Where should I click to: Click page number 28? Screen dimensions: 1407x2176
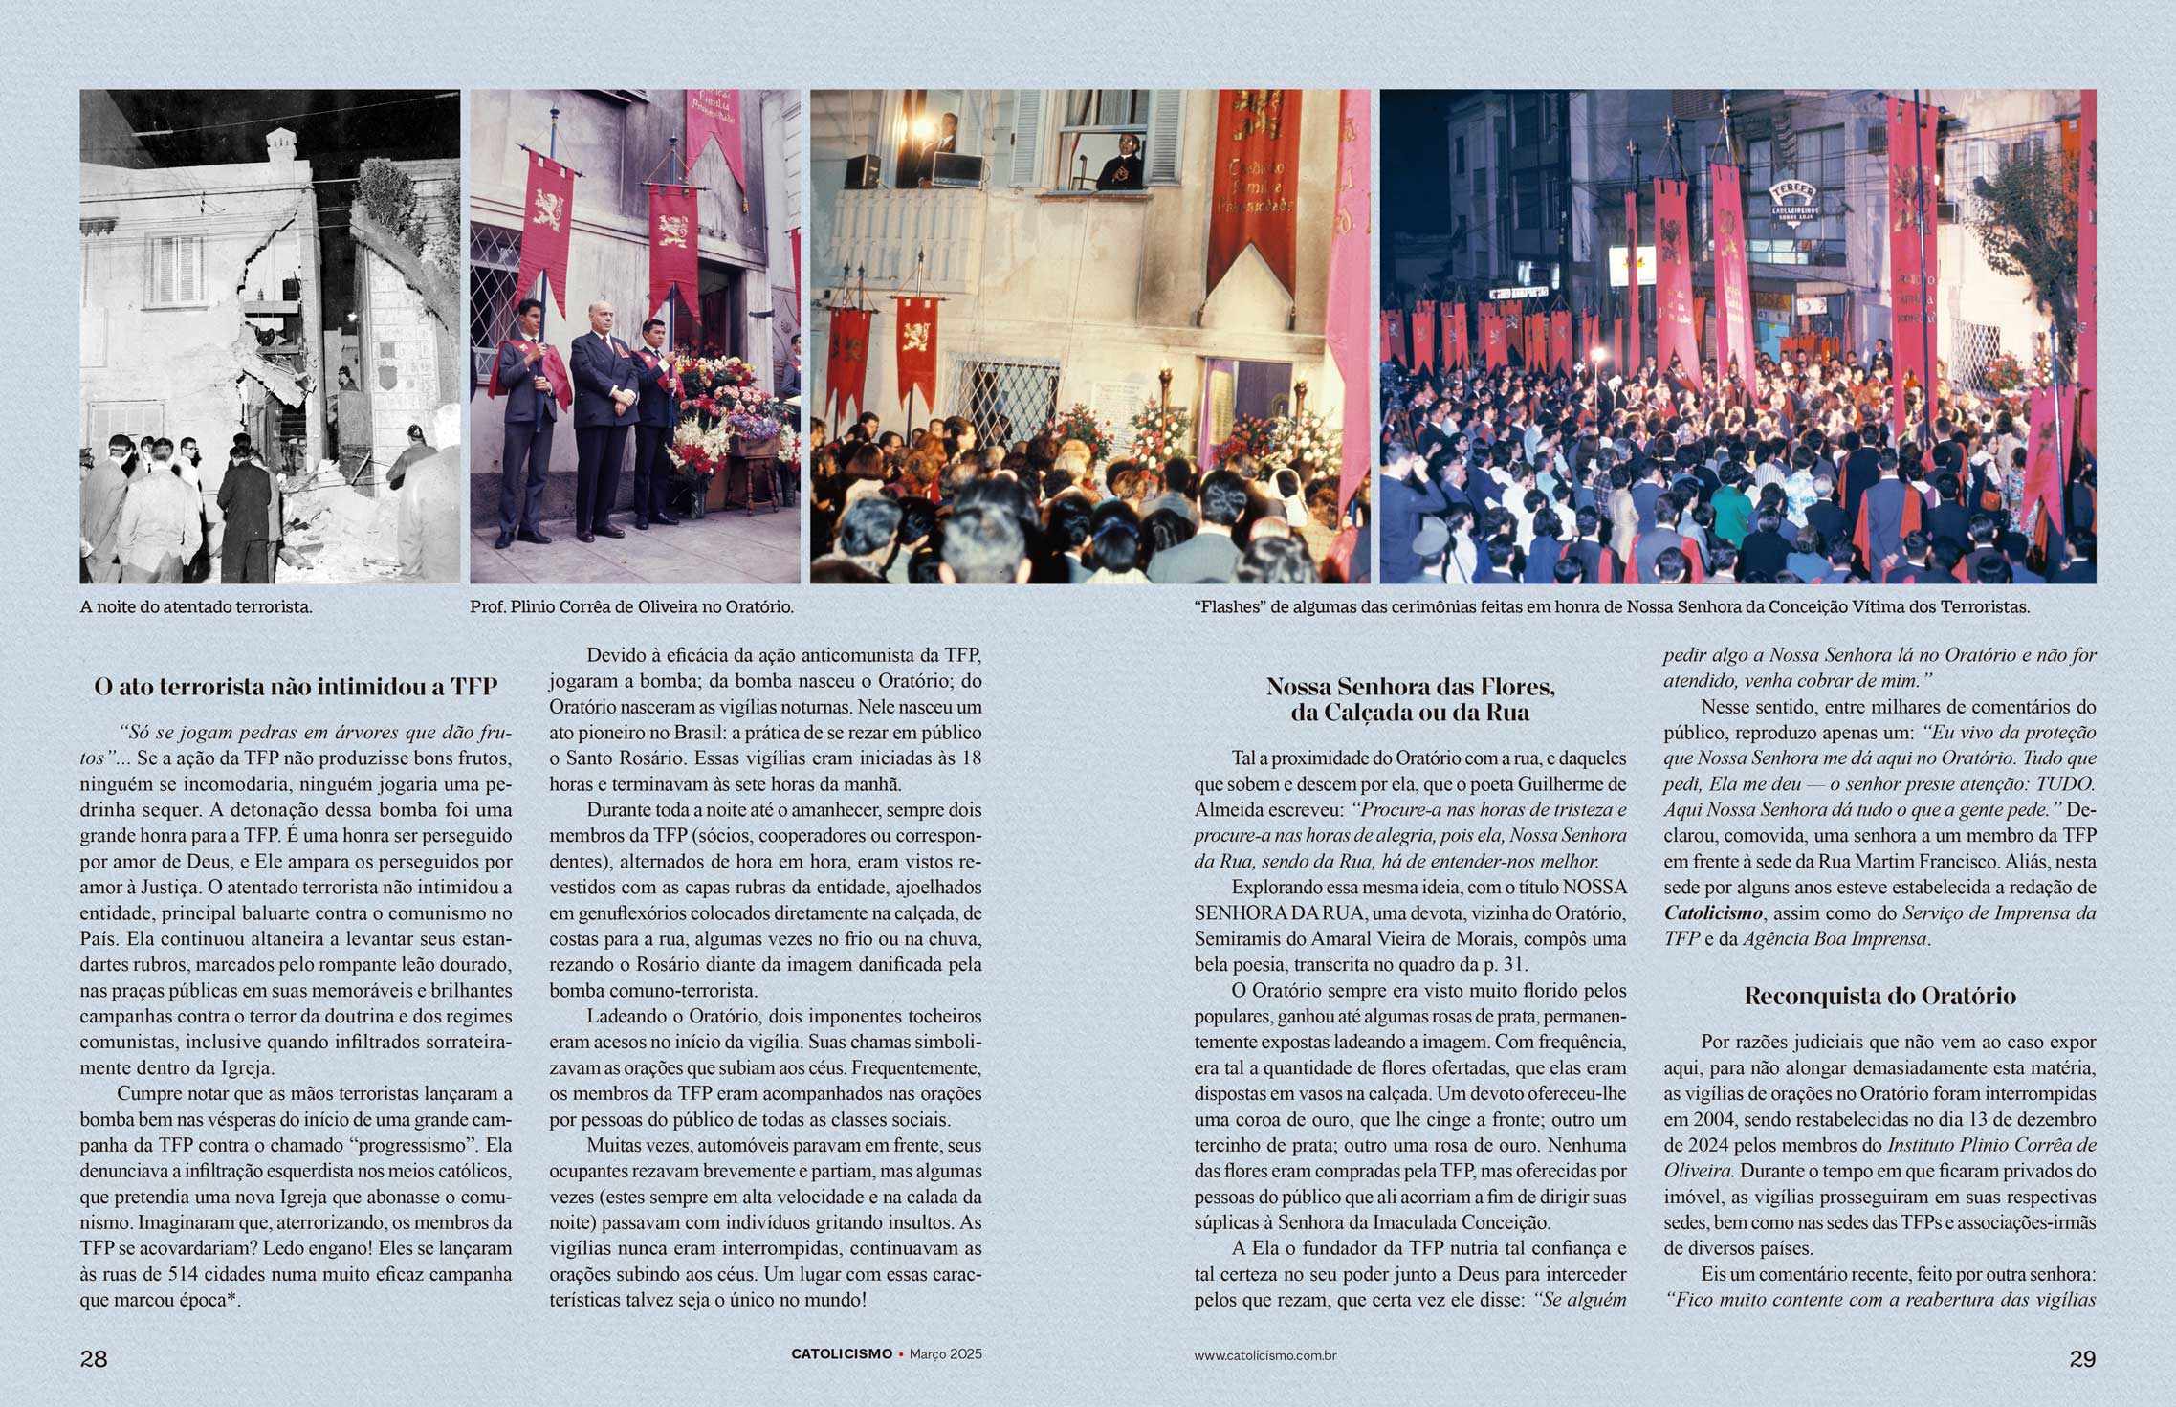point(94,1359)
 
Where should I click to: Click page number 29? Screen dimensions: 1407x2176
point(2082,1359)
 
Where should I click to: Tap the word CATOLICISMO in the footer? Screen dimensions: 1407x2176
point(842,1354)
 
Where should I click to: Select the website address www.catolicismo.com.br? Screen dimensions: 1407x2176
point(1264,1355)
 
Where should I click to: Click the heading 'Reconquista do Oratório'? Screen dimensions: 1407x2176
point(1879,997)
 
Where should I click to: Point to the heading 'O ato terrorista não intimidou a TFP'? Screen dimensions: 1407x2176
point(296,687)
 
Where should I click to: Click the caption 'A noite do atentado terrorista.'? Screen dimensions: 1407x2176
point(196,606)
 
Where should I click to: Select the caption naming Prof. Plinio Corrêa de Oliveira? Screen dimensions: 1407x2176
point(631,606)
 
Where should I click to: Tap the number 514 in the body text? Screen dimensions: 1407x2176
point(184,1275)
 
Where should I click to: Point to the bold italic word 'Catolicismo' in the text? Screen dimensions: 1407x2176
point(1713,913)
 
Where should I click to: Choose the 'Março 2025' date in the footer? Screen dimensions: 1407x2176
point(945,1354)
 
